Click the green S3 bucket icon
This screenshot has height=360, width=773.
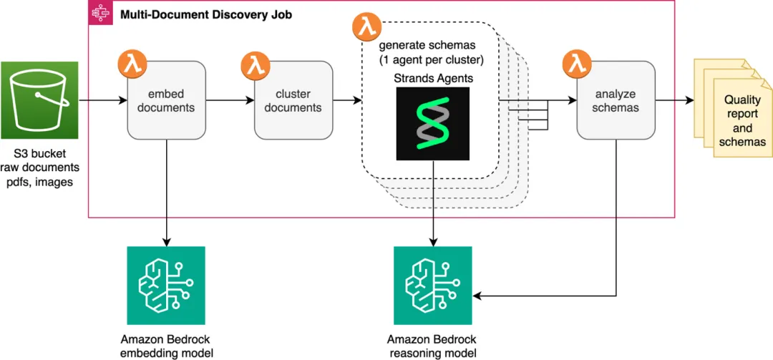pos(39,100)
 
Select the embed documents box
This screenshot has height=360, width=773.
pos(167,100)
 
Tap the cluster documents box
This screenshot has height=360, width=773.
pos(293,100)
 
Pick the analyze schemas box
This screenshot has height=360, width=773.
pos(616,100)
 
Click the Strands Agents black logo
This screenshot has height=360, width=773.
pos(433,123)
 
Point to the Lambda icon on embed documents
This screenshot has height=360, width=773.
pos(131,64)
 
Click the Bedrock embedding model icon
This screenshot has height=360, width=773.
pos(166,286)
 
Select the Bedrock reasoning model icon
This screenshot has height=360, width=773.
pos(433,286)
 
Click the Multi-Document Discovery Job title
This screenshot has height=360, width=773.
pos(206,14)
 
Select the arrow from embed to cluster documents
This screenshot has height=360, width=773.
pos(230,101)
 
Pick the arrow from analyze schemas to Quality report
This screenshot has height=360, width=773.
pos(675,101)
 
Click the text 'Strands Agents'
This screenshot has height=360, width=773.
pos(432,78)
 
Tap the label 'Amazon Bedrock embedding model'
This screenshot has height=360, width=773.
pos(166,346)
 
